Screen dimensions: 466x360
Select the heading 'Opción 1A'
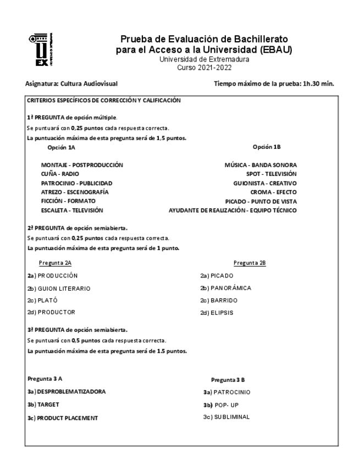(x=60, y=147)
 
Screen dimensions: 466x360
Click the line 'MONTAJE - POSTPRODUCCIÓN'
(x=82, y=164)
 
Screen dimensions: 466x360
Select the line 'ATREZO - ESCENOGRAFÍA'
(x=75, y=192)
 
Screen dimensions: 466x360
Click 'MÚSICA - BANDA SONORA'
(x=261, y=164)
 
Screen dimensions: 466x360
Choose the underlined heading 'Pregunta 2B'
(x=250, y=263)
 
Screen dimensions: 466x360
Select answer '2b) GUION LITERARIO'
(x=59, y=288)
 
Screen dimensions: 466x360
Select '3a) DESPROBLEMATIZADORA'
(x=66, y=392)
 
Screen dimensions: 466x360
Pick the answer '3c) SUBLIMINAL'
(x=226, y=417)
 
